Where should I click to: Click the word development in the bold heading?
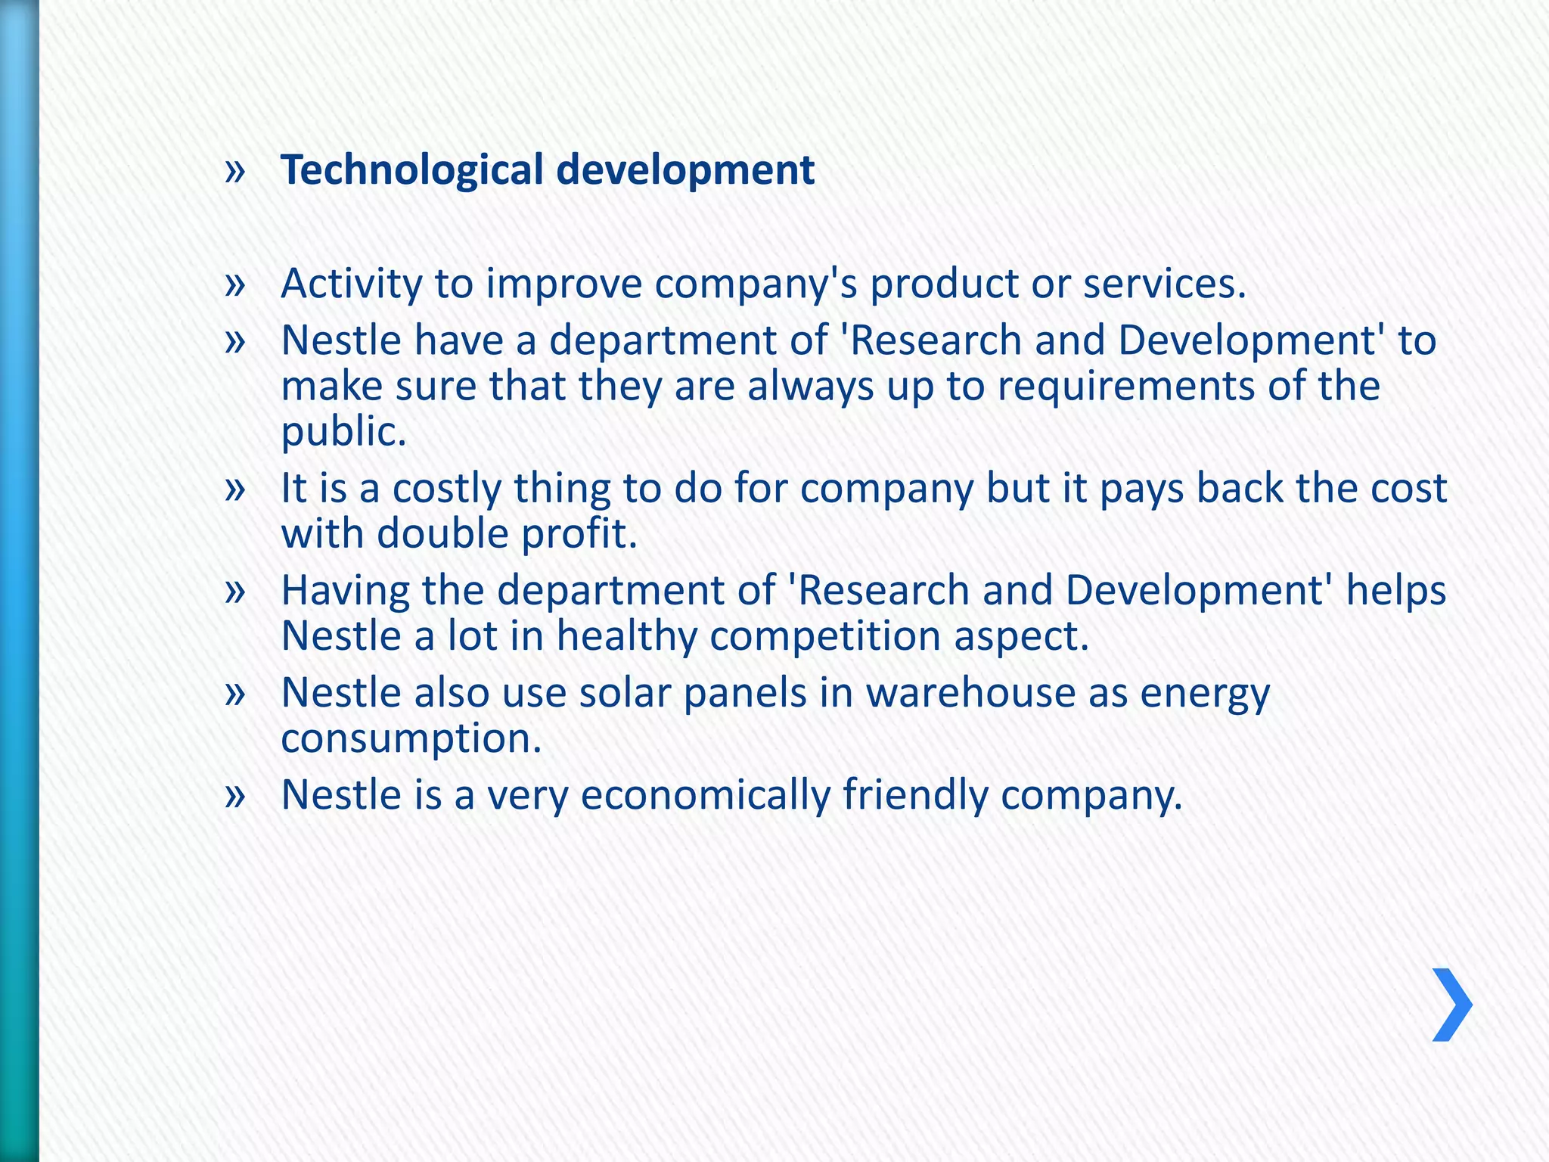point(685,169)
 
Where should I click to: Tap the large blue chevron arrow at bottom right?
point(1451,1005)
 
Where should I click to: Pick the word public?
point(343,431)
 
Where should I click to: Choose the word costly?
point(447,488)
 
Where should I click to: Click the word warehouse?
point(970,692)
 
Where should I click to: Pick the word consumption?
point(411,738)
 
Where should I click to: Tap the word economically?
point(705,794)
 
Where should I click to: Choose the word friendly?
point(915,794)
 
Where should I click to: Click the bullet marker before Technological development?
point(235,171)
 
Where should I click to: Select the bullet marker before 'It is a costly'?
point(235,489)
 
